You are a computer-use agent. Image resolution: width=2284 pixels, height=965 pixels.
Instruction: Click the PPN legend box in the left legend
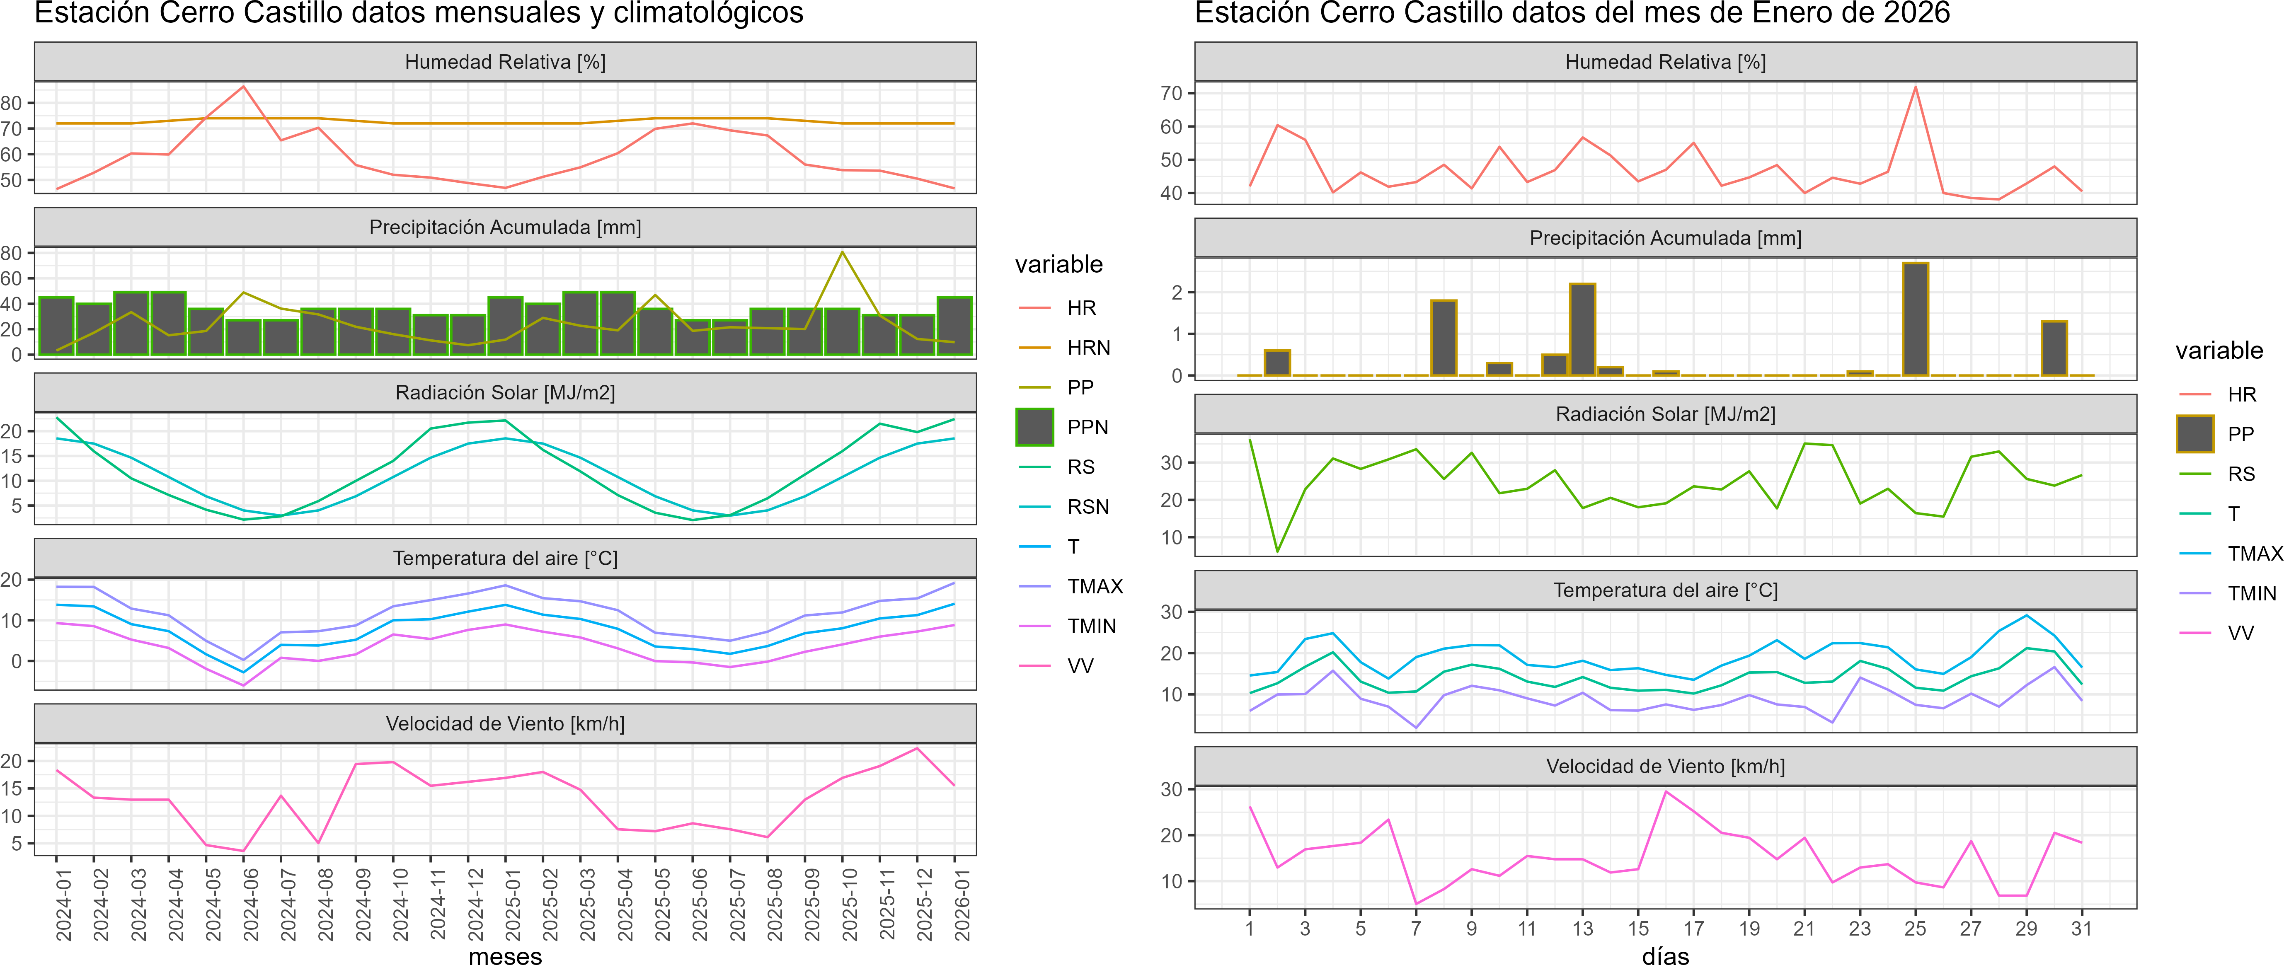[1035, 427]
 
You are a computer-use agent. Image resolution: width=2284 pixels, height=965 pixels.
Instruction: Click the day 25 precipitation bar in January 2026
[1915, 319]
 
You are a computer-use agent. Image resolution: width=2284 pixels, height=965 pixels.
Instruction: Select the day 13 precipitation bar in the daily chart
[1583, 330]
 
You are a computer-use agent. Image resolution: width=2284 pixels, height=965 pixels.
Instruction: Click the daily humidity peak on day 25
[1915, 87]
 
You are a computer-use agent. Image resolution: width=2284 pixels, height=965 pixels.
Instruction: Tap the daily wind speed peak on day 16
[1666, 791]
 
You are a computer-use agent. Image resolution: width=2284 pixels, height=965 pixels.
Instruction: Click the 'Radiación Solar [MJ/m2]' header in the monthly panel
[505, 392]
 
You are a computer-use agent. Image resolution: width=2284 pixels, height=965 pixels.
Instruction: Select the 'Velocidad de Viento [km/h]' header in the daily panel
[1665, 767]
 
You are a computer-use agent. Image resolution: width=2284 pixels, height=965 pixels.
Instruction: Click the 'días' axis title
[1665, 955]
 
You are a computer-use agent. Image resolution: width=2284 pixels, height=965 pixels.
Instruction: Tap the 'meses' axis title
[505, 955]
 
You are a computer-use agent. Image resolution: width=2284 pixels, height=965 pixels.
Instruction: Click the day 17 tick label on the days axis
[1693, 929]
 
